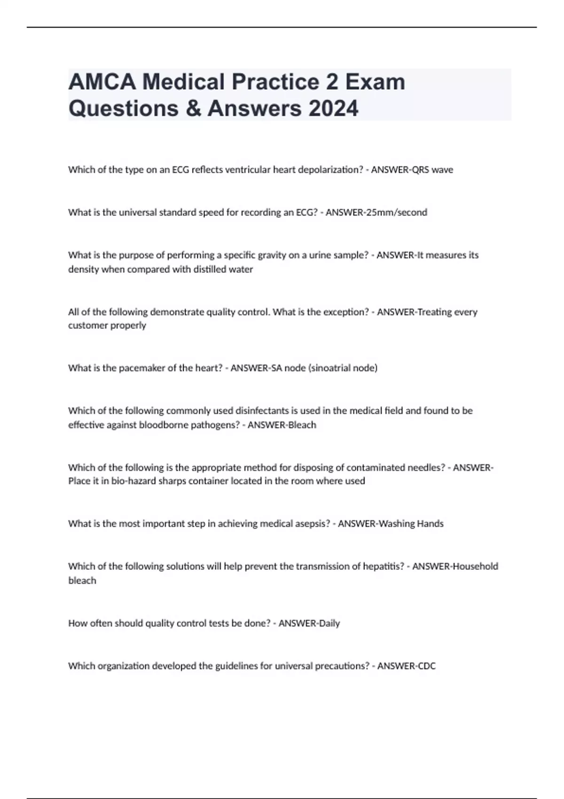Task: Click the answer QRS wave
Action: (x=432, y=170)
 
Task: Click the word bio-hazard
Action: (x=132, y=481)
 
